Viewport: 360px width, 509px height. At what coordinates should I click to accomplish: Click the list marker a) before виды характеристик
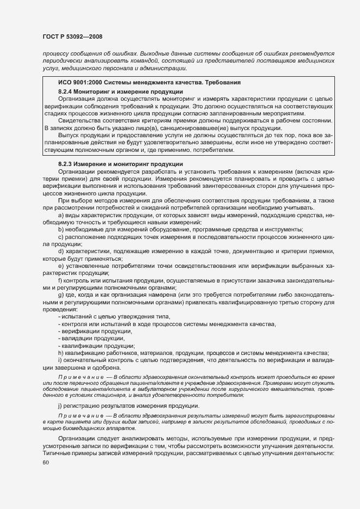(61, 216)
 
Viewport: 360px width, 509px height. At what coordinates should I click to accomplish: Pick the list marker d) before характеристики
(61, 251)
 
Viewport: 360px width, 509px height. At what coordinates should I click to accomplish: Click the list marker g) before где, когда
(61, 294)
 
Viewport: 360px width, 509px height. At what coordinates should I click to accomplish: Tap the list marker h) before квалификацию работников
(61, 353)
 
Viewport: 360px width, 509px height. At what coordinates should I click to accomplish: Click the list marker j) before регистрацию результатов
(60, 406)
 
